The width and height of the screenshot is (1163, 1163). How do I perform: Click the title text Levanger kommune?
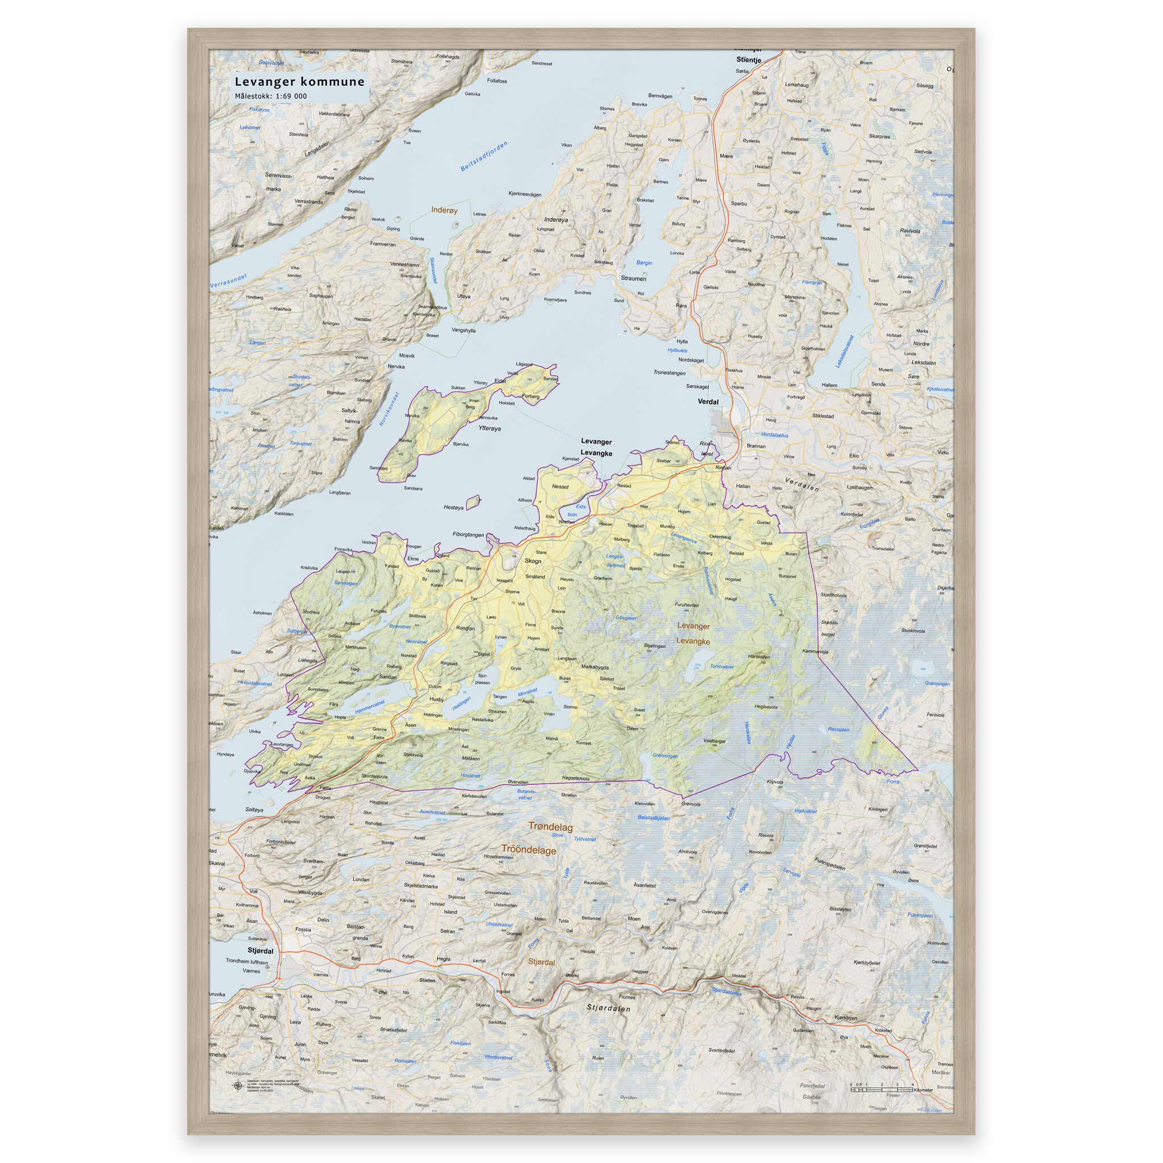click(299, 81)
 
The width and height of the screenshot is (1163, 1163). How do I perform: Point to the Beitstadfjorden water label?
click(484, 157)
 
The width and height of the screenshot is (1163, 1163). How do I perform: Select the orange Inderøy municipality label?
click(444, 210)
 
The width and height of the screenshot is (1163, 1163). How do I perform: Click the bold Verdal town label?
click(708, 401)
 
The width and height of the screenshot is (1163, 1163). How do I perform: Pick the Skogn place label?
click(533, 560)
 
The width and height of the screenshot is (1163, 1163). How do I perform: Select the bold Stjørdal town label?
click(260, 951)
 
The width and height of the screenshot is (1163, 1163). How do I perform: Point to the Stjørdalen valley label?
click(609, 1007)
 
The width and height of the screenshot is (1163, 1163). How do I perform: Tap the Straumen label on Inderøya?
click(633, 279)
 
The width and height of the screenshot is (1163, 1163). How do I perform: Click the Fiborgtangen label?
click(468, 534)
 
